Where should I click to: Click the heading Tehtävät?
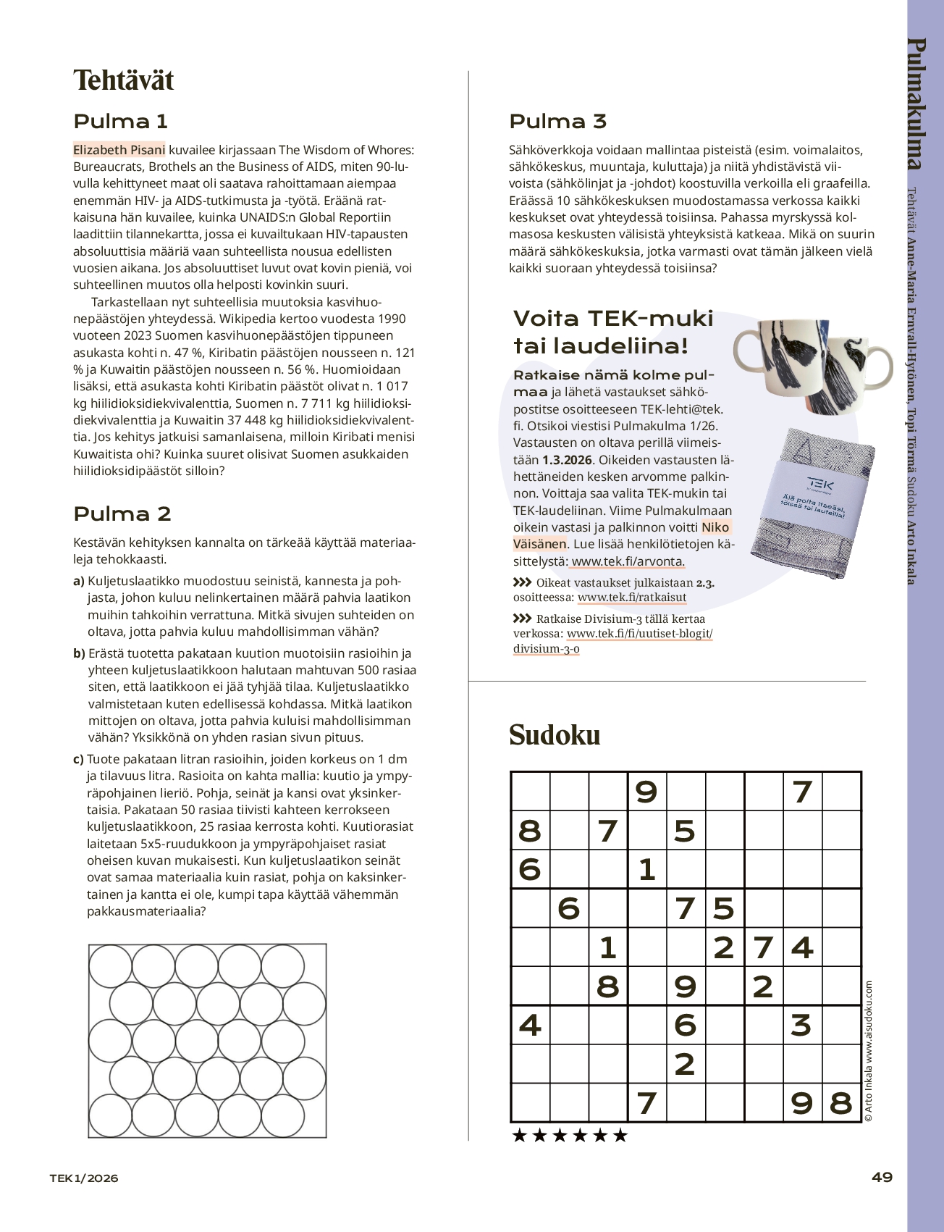pyautogui.click(x=124, y=80)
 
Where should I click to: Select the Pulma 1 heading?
pyautogui.click(x=120, y=121)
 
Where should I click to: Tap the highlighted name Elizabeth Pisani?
pyautogui.click(x=119, y=150)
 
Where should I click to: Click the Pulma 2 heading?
pyautogui.click(x=122, y=514)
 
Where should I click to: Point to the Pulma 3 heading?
pyautogui.click(x=557, y=121)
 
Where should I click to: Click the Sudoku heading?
pyautogui.click(x=555, y=734)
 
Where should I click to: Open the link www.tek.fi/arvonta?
pyautogui.click(x=627, y=561)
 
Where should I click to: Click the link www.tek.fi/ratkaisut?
pyautogui.click(x=632, y=598)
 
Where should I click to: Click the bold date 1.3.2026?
pyautogui.click(x=567, y=460)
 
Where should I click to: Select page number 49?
pyautogui.click(x=882, y=1177)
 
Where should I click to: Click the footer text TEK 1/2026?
pyautogui.click(x=84, y=1178)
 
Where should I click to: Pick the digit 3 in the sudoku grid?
pyautogui.click(x=801, y=1025)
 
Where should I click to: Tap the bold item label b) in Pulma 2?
pyautogui.click(x=80, y=653)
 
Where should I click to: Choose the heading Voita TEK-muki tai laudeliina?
pyautogui.click(x=613, y=332)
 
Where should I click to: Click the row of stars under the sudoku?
pyautogui.click(x=569, y=1135)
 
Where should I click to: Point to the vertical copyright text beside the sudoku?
pyautogui.click(x=869, y=1051)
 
